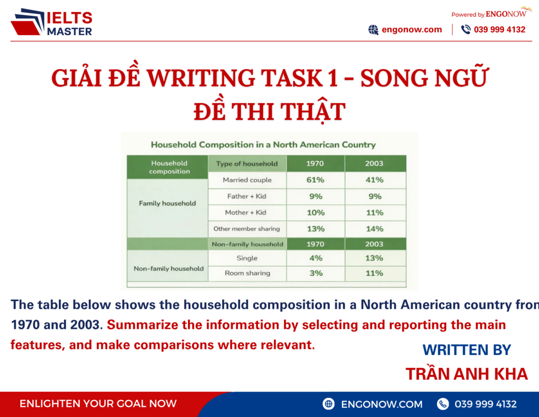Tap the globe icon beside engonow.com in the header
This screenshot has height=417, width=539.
coord(373,30)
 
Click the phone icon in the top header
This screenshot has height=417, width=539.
coord(465,30)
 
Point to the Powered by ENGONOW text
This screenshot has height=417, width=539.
coord(488,14)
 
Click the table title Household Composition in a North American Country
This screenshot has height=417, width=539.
coord(263,144)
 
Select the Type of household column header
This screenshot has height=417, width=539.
coord(247,164)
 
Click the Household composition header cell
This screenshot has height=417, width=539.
coord(169,167)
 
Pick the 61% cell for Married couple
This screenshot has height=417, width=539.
coord(315,180)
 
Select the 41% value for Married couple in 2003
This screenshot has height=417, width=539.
coord(375,180)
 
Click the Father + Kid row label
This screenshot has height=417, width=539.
coord(247,196)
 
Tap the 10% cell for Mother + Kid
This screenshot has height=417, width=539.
coord(315,213)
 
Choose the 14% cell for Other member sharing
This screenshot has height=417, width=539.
coord(375,229)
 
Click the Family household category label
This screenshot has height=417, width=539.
coord(167,203)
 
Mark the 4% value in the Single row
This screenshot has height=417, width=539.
coord(315,258)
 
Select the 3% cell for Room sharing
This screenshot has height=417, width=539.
coord(315,273)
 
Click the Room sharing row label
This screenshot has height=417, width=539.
coord(247,273)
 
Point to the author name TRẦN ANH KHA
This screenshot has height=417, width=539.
coord(466,374)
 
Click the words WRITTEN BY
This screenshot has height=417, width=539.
coord(466,350)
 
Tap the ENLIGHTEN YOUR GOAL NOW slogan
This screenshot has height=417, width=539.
coord(98,404)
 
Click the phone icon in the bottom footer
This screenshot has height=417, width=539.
coord(443,404)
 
